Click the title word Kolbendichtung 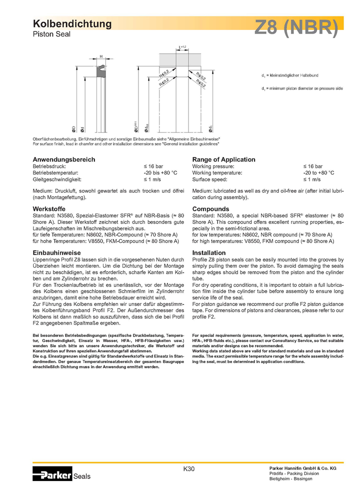click(x=72, y=23)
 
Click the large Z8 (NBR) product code click(x=296, y=28)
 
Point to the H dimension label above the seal click(x=101, y=56)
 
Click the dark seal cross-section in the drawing click(x=101, y=70)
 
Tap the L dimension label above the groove click(x=179, y=47)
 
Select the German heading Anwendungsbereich click(x=64, y=159)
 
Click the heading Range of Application click(x=223, y=159)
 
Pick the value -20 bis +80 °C click(x=160, y=172)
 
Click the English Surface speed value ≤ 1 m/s click(x=312, y=179)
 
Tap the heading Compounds click(x=210, y=208)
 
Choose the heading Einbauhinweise click(x=56, y=253)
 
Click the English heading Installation click(x=209, y=253)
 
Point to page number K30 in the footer click(x=189, y=468)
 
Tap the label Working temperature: click(x=217, y=172)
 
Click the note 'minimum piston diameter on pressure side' click(x=304, y=88)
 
